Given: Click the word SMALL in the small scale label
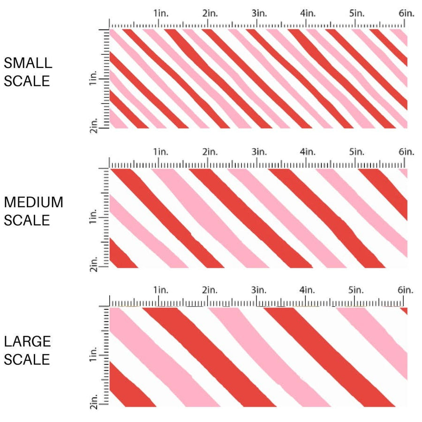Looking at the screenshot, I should (28, 63).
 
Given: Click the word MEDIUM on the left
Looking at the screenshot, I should (33, 203).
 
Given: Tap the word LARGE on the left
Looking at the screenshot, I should (27, 341).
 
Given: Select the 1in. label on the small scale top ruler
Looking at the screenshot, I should (160, 14).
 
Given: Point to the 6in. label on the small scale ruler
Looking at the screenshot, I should (407, 14).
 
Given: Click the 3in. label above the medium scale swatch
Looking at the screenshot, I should (259, 151).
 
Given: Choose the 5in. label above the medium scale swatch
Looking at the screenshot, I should (357, 151).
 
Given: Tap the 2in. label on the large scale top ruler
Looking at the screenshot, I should (210, 290).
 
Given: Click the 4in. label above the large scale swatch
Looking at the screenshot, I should (308, 290).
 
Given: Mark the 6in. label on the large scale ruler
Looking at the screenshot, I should (406, 290).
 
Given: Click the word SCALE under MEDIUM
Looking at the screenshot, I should (27, 220).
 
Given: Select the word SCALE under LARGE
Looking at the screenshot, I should (27, 360).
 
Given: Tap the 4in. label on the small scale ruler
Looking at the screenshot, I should (308, 14).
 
